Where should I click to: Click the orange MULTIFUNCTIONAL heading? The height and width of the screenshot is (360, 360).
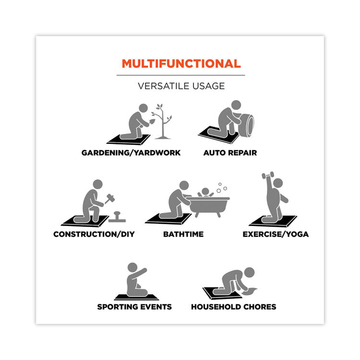[181, 63]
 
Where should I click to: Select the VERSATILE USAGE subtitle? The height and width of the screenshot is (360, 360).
[181, 86]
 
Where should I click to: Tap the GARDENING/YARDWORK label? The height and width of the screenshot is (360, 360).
[131, 153]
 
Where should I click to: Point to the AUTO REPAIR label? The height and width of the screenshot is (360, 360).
[230, 153]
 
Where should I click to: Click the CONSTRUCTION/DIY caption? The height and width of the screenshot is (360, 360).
[94, 234]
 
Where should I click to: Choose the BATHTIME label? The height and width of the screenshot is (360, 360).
[183, 234]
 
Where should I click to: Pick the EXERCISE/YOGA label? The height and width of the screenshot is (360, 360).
[276, 234]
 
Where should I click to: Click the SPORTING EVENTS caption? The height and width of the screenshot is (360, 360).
[134, 307]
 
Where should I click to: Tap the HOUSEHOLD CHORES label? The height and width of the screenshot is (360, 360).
[233, 307]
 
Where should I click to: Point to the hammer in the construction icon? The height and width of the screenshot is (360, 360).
[109, 199]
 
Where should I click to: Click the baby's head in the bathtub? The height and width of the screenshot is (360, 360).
[205, 191]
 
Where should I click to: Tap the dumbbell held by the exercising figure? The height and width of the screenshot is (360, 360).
[268, 175]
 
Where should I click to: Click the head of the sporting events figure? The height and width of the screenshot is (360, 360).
[132, 267]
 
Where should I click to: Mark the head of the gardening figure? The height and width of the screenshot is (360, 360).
[143, 108]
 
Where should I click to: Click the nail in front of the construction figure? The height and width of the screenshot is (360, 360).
[117, 217]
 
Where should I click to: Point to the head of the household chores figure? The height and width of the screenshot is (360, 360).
[249, 272]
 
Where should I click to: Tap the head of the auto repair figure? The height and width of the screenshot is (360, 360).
[236, 105]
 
